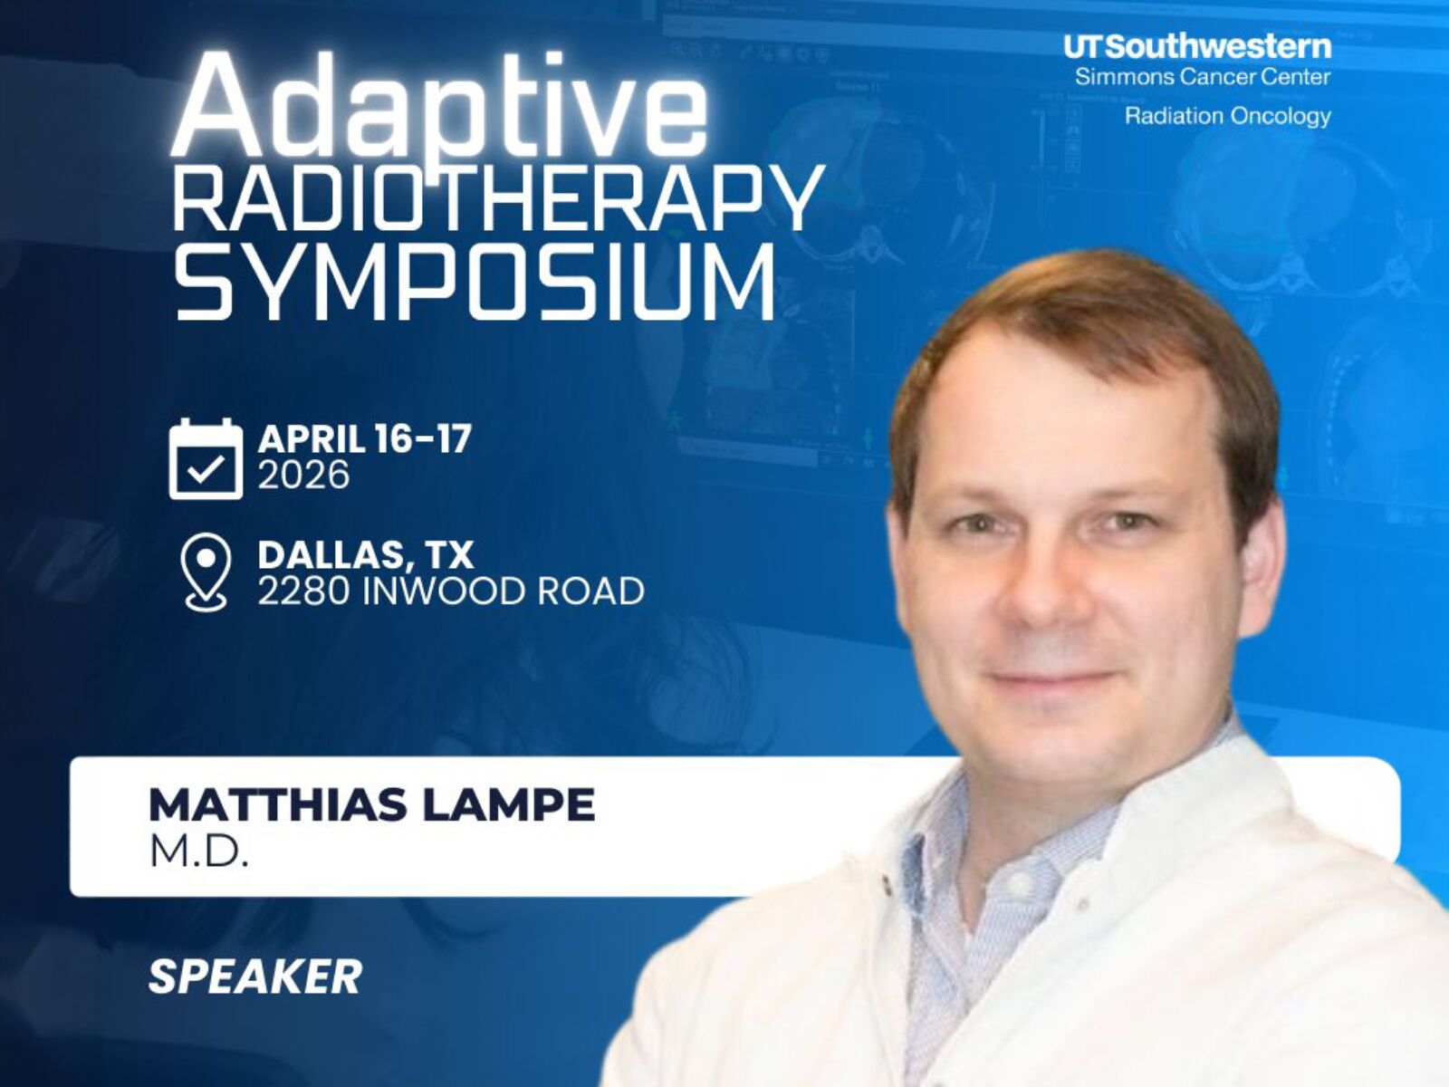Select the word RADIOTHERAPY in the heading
click(x=498, y=197)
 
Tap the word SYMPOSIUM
click(x=475, y=282)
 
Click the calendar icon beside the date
click(x=206, y=458)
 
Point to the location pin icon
click(x=206, y=572)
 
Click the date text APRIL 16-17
click(x=364, y=438)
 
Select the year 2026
click(x=303, y=475)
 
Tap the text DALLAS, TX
click(x=366, y=555)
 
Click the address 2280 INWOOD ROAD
click(x=451, y=591)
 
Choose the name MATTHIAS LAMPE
click(x=371, y=804)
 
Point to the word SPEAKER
click(x=255, y=976)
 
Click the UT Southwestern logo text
click(x=1197, y=47)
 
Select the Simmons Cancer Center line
click(x=1202, y=77)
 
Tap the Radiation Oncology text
click(x=1228, y=116)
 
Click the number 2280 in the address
click(x=303, y=591)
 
